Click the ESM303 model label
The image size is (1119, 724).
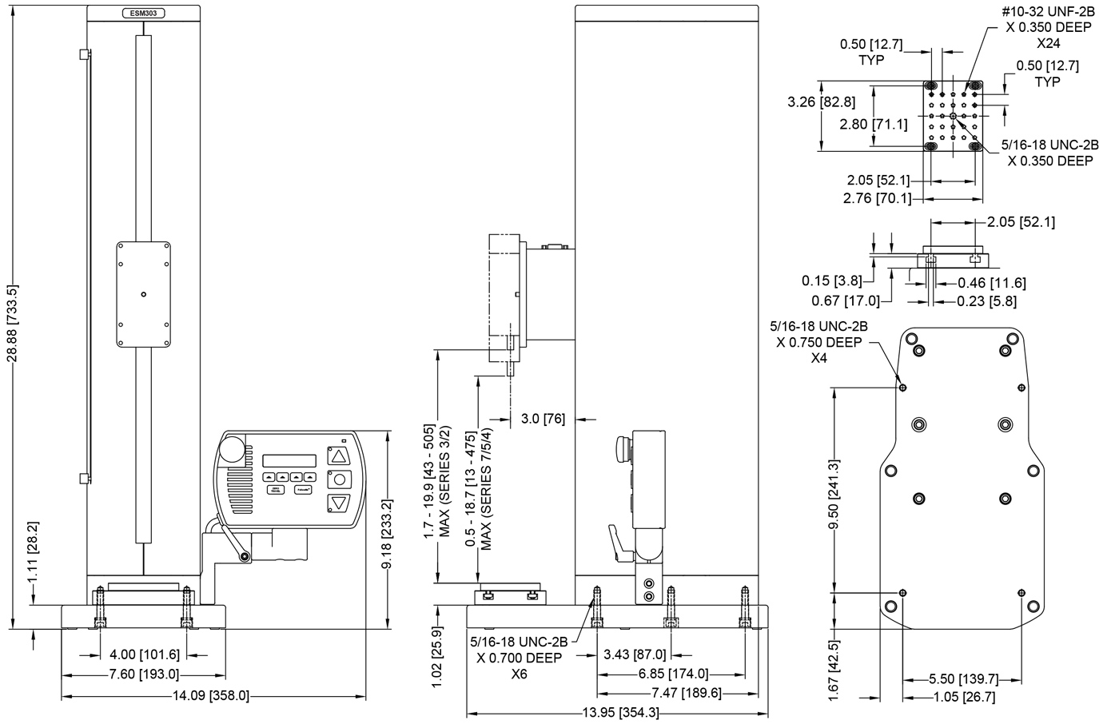143,14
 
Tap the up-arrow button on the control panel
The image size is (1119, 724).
339,457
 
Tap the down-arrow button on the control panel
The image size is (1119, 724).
339,503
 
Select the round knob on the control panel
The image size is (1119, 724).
233,448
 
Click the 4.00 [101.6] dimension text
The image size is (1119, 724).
143,654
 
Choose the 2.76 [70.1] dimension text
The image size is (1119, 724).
878,197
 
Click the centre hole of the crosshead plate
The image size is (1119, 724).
143,295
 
